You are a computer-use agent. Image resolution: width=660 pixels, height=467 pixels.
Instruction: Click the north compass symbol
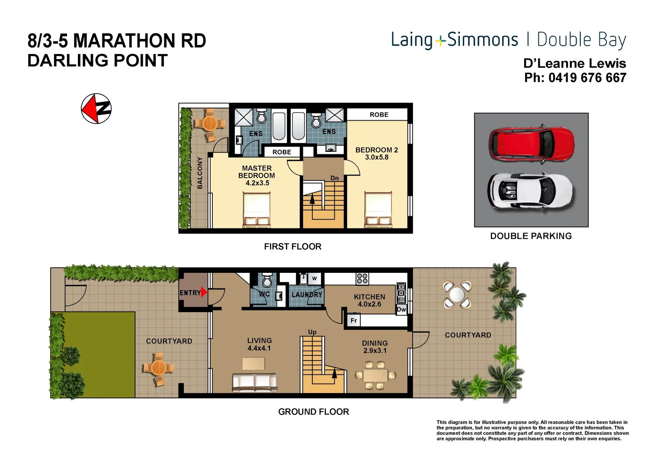pyautogui.click(x=96, y=109)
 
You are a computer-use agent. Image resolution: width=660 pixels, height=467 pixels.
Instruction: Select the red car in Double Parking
pyautogui.click(x=531, y=144)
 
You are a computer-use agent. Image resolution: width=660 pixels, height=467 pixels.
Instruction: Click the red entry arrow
pyautogui.click(x=204, y=292)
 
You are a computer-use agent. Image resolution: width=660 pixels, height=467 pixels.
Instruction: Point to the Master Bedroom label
pyautogui.click(x=257, y=175)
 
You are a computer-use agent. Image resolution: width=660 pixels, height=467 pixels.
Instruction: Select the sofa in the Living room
pyautogui.click(x=255, y=382)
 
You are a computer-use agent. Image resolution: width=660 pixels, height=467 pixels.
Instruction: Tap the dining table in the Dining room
pyautogui.click(x=375, y=375)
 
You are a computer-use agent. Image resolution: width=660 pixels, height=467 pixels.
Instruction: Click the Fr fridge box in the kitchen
pyautogui.click(x=354, y=320)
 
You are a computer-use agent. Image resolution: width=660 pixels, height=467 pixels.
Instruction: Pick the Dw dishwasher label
pyautogui.click(x=401, y=309)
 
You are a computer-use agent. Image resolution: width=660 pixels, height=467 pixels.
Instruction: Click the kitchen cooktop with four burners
pyautogui.click(x=362, y=278)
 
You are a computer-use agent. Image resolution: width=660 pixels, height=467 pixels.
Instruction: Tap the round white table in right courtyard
pyautogui.click(x=457, y=295)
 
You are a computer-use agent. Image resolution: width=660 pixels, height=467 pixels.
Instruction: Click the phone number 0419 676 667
pyautogui.click(x=587, y=78)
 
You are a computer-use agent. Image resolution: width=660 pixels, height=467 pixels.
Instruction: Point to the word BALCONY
pyautogui.click(x=200, y=173)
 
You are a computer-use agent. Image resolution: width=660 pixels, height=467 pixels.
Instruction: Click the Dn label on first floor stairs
pyautogui.click(x=334, y=178)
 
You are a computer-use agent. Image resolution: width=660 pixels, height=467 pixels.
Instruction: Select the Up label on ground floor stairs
pyautogui.click(x=312, y=332)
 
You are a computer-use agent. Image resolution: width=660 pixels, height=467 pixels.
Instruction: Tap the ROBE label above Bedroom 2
pyautogui.click(x=379, y=115)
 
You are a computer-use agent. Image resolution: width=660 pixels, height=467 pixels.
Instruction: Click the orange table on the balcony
pyautogui.click(x=210, y=123)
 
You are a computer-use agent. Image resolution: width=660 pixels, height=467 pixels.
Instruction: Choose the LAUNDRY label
pyautogui.click(x=307, y=294)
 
